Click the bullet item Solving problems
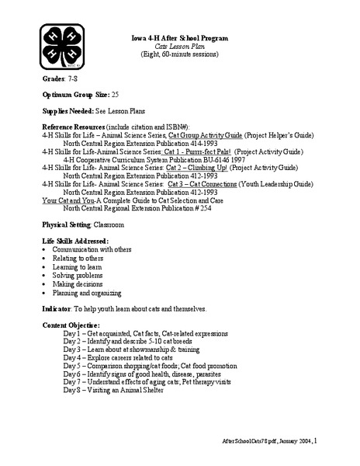tap(77, 276)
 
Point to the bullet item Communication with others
tap(93, 251)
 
